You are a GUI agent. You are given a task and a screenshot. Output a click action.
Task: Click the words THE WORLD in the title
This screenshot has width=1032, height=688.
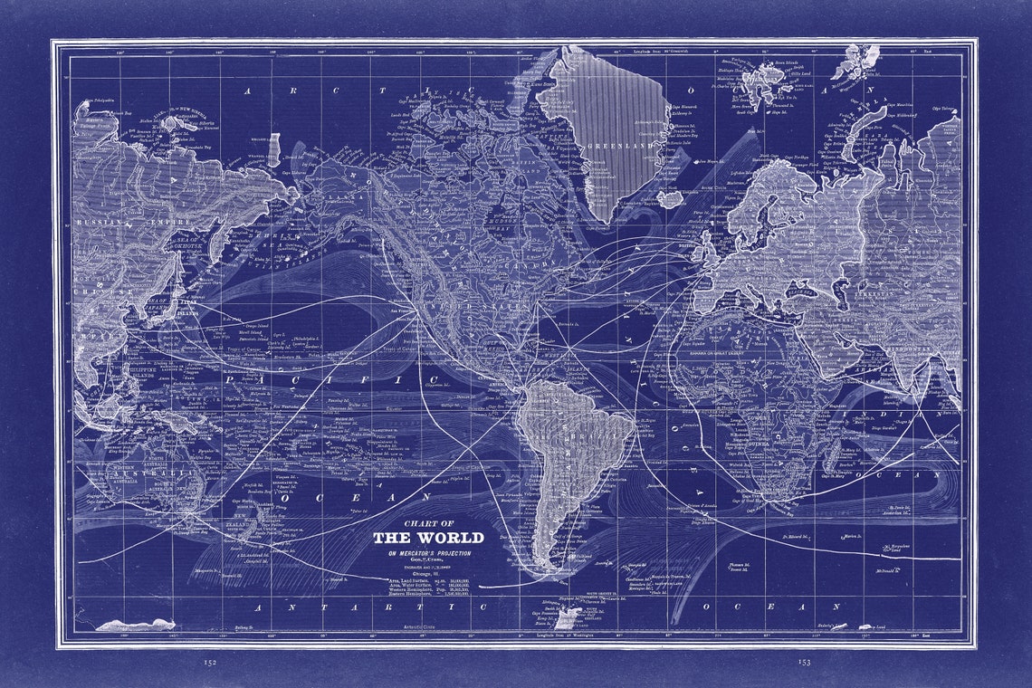(429, 538)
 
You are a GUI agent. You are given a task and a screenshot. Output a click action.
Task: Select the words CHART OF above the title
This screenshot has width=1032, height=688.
(429, 523)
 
